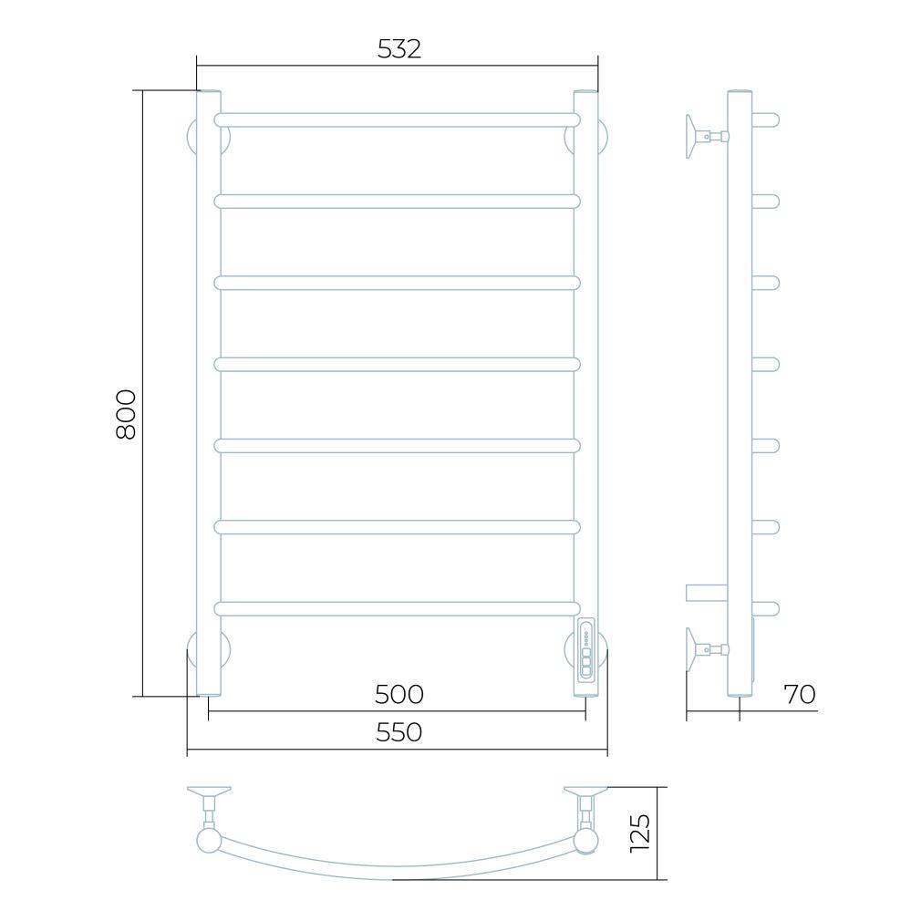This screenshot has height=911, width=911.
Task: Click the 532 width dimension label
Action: [x=399, y=49]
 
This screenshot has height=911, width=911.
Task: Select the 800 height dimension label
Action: [x=126, y=414]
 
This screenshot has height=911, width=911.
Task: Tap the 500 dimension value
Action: [x=399, y=694]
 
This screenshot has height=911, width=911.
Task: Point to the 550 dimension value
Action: [x=399, y=732]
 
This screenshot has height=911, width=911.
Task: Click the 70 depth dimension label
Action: [x=800, y=694]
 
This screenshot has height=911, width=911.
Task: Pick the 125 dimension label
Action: [x=640, y=833]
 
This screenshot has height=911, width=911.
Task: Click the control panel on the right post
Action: [x=585, y=650]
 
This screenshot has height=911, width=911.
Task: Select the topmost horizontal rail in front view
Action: [x=398, y=120]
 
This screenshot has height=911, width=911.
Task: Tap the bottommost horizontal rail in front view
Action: [x=398, y=609]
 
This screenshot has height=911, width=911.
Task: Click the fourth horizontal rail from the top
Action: [x=398, y=364]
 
